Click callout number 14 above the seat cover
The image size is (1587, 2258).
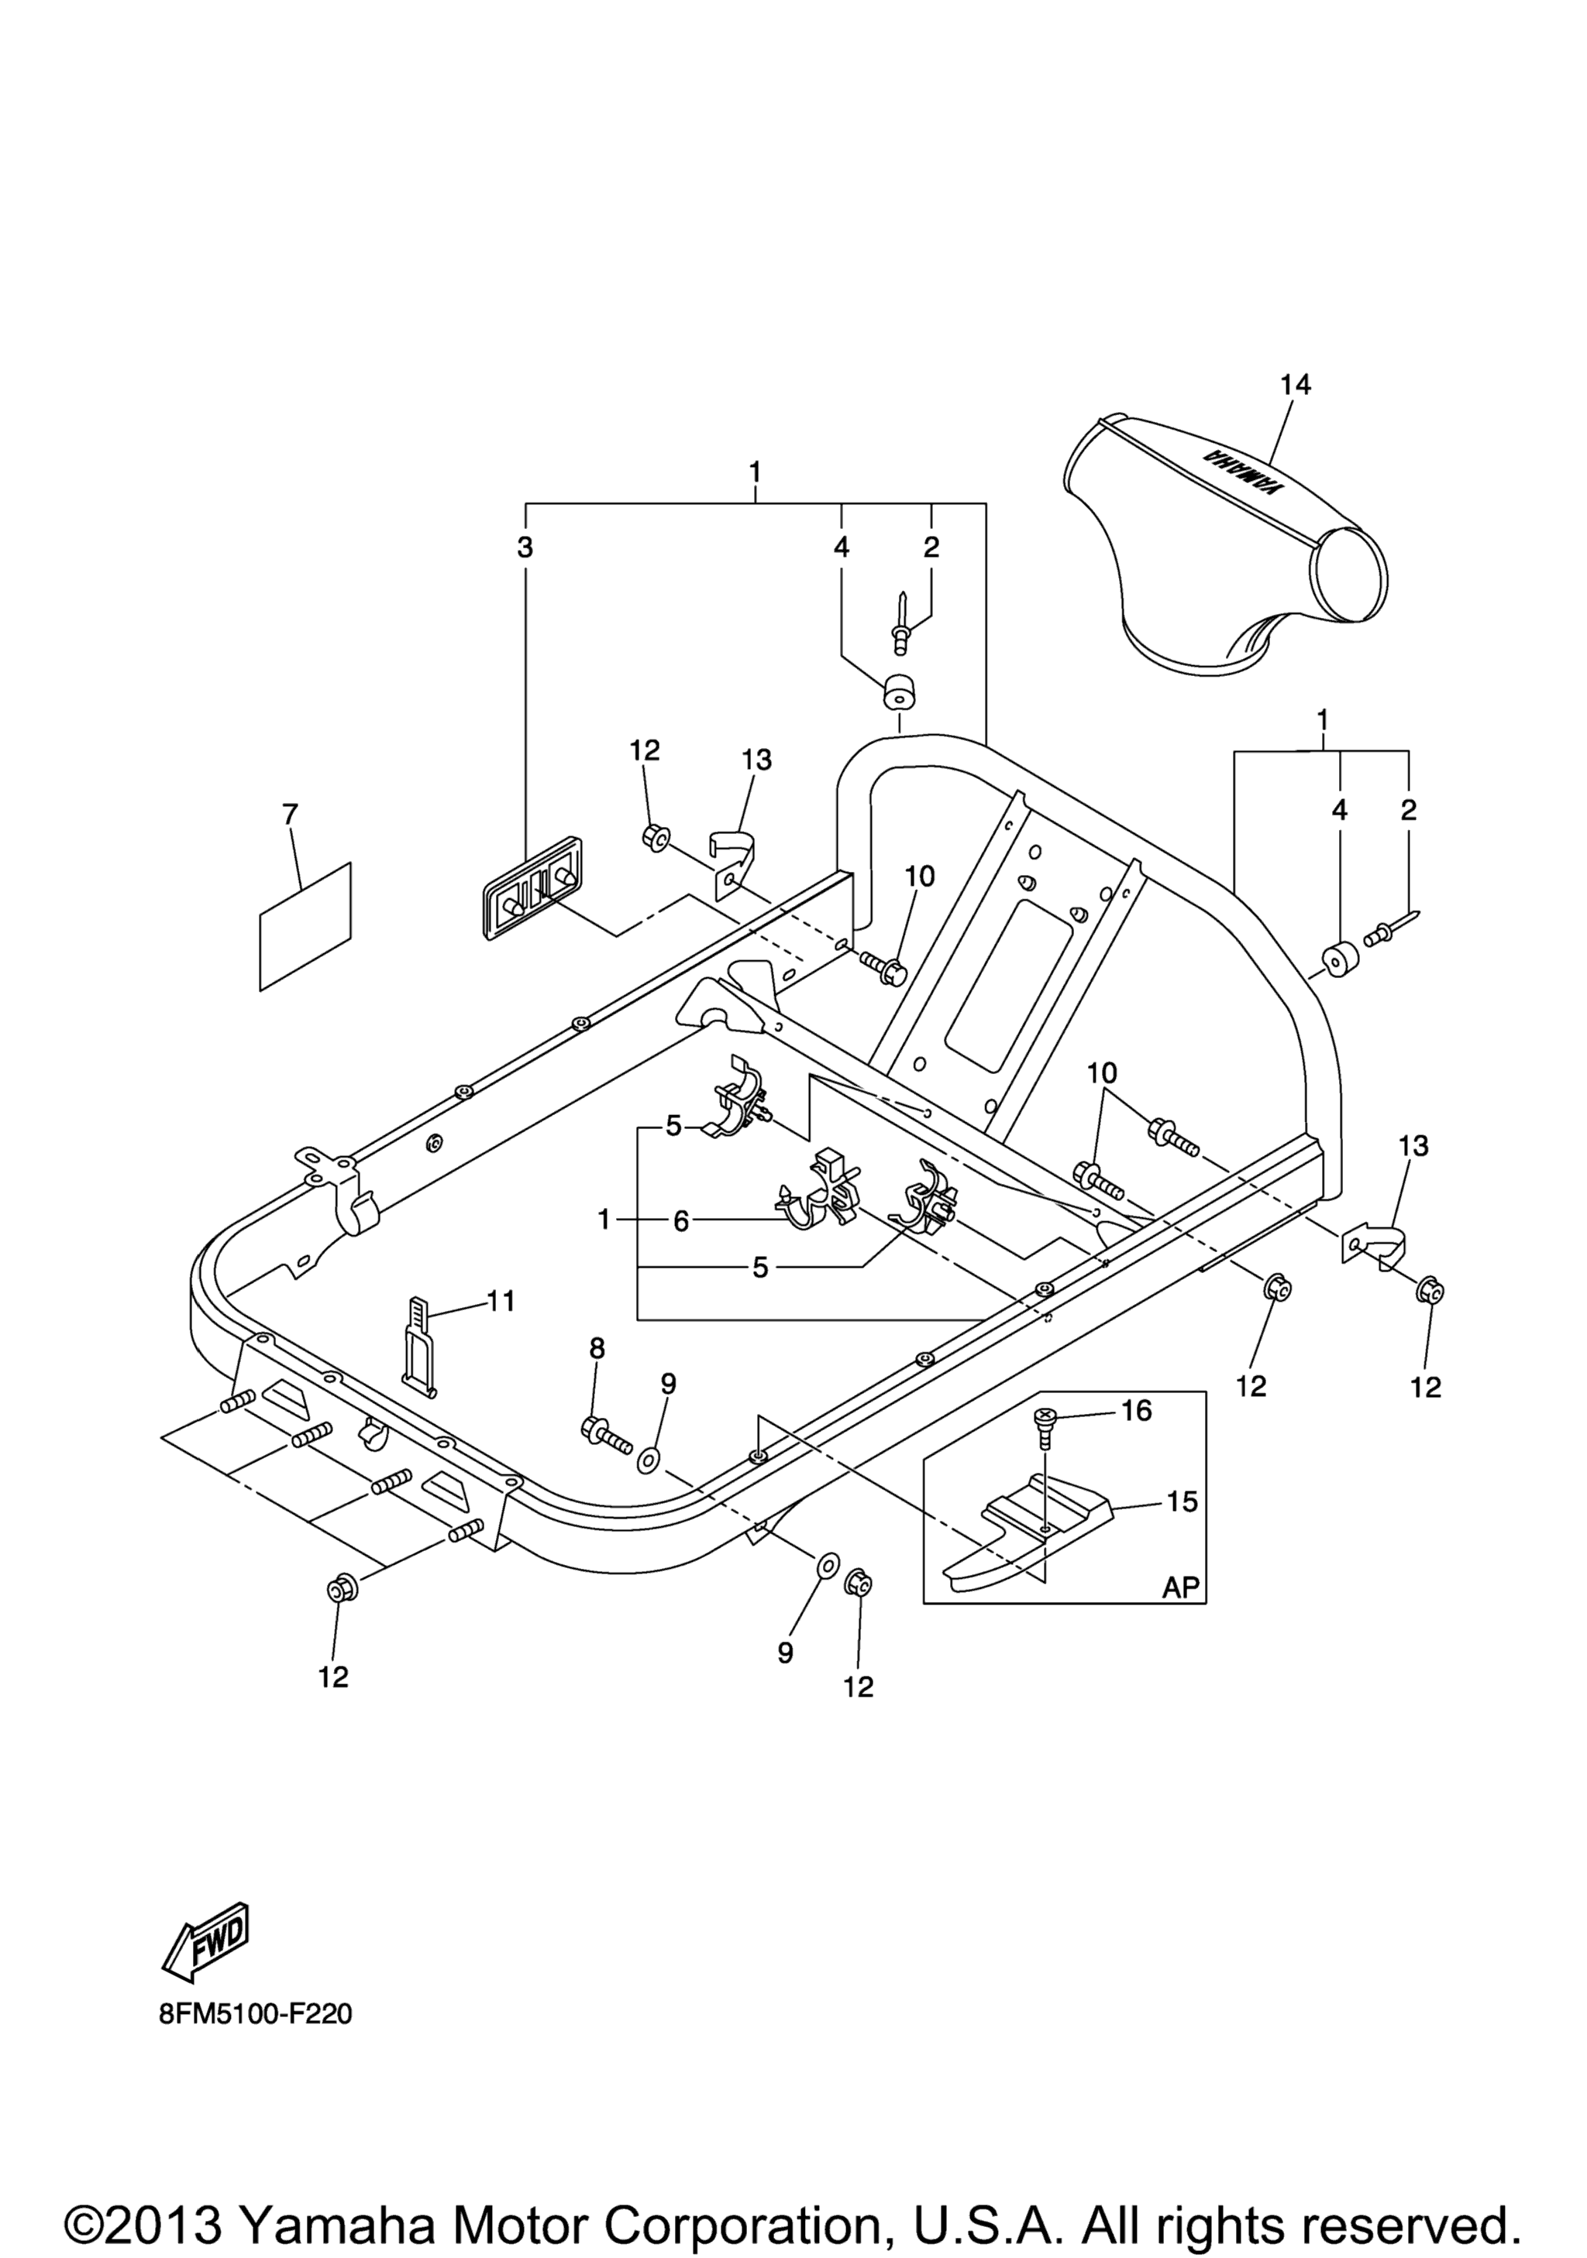coord(1296,386)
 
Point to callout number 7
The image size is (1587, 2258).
coord(289,815)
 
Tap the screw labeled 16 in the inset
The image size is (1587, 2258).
coord(1044,1427)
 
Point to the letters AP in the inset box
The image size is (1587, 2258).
coord(1182,1588)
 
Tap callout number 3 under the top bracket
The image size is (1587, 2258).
coord(525,547)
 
